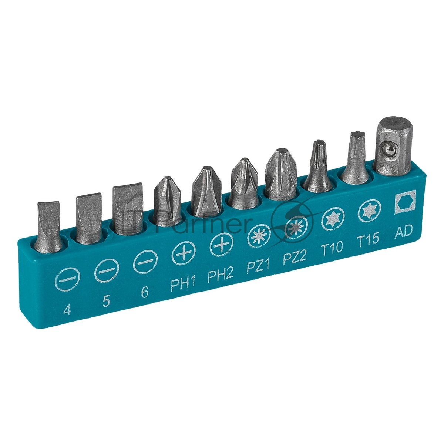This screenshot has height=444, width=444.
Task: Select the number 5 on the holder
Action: tap(106, 302)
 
